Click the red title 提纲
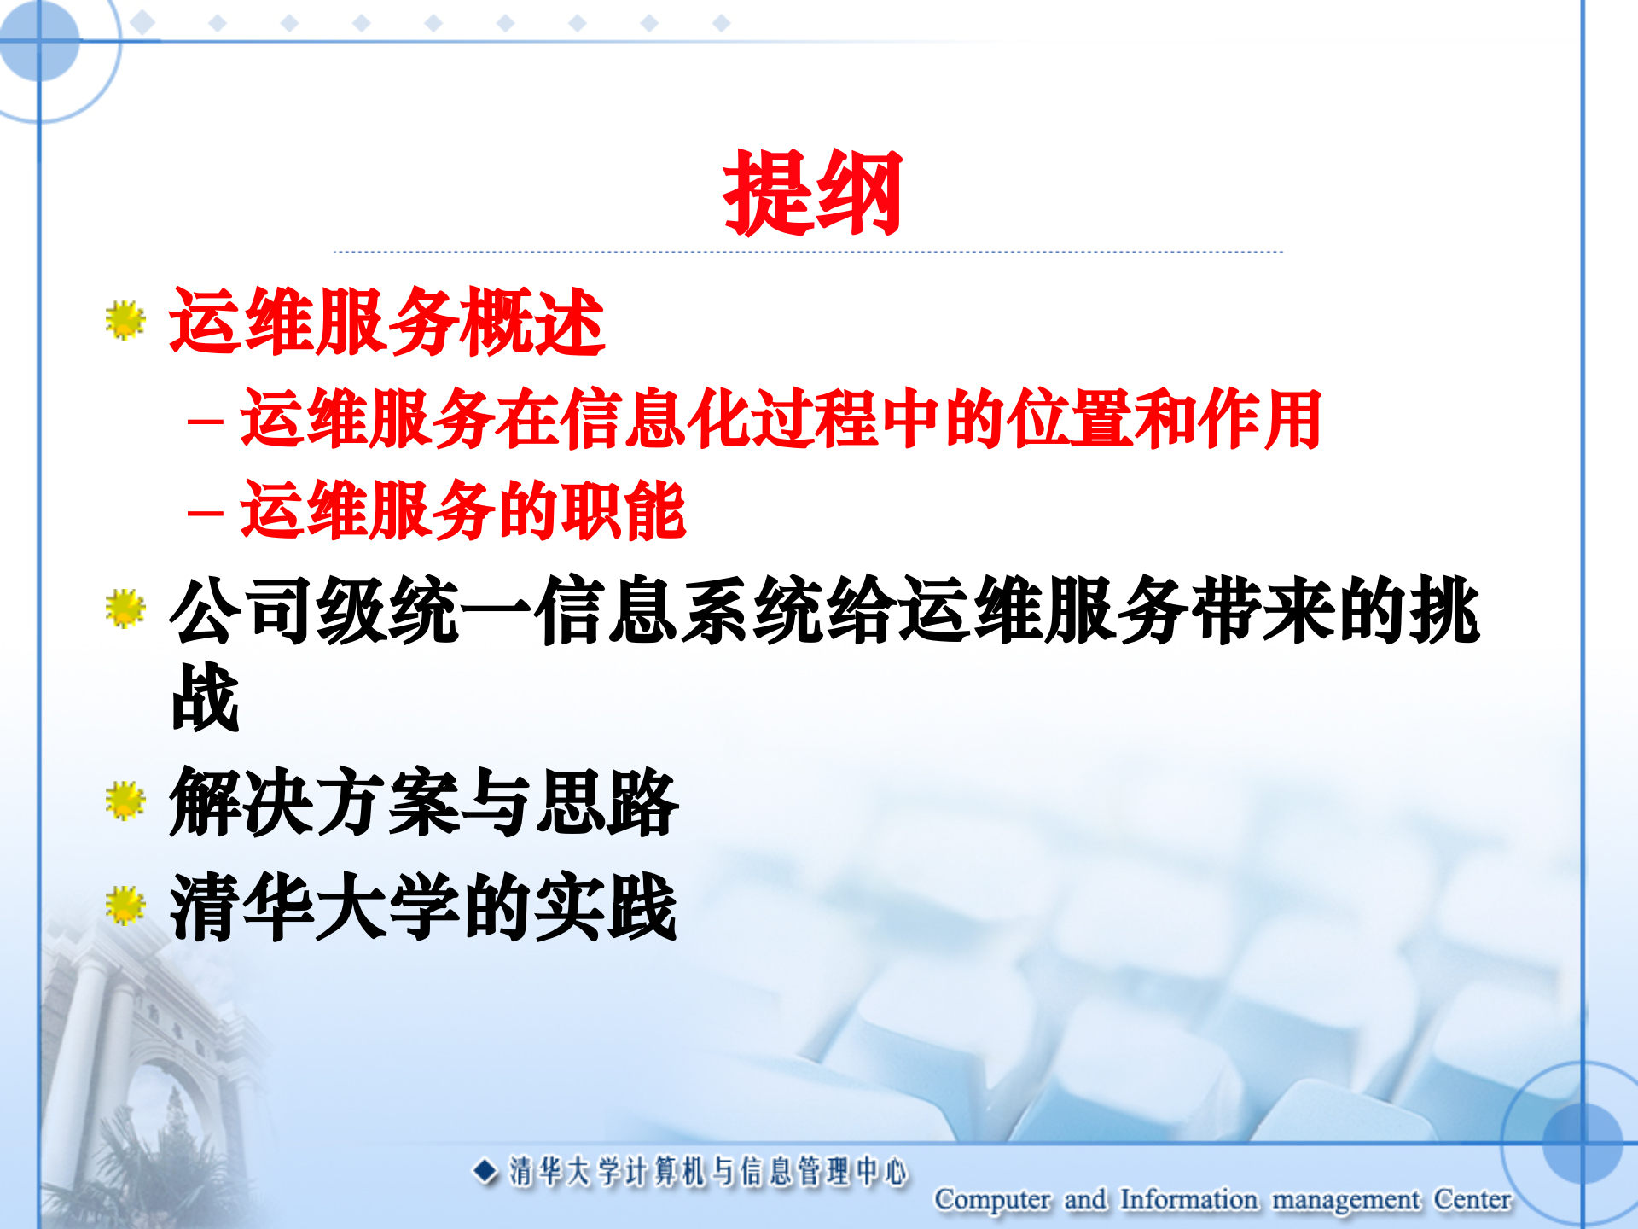click(811, 194)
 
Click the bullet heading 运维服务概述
click(386, 322)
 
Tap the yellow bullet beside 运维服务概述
click(125, 320)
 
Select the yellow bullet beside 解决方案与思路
click(125, 801)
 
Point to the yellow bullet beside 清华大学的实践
click(125, 906)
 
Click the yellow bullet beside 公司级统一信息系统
click(125, 609)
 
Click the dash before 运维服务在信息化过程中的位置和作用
click(205, 421)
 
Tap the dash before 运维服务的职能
click(205, 513)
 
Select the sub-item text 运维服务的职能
click(463, 510)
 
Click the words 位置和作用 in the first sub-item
click(1167, 419)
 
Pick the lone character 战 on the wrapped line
click(205, 697)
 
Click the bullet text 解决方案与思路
click(424, 801)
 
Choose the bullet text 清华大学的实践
click(423, 906)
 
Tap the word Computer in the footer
click(992, 1199)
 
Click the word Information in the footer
click(1188, 1199)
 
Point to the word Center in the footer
click(1472, 1199)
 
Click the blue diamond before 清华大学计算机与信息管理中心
click(485, 1171)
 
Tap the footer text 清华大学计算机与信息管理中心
click(708, 1172)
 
